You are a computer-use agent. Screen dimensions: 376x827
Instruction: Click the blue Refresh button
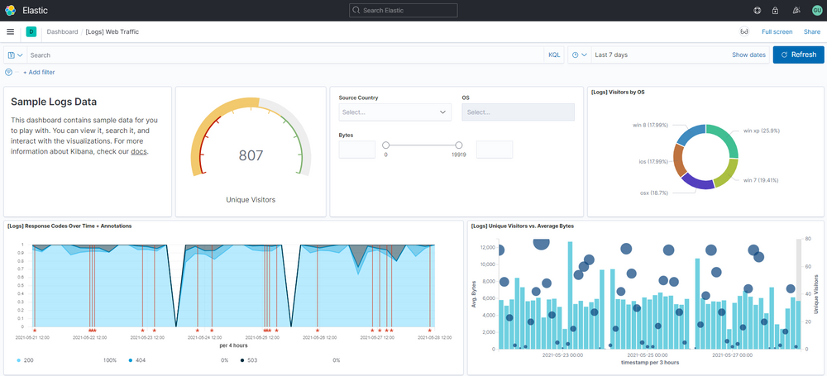[798, 55]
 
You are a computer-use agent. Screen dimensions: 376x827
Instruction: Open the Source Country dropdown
[394, 112]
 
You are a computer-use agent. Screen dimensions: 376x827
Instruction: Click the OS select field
[518, 112]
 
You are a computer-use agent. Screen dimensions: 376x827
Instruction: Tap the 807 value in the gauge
[251, 155]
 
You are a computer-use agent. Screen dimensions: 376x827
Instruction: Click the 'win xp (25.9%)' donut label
[761, 131]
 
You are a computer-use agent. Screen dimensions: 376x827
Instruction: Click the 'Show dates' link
[748, 55]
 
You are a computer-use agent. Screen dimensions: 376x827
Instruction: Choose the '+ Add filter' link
[39, 73]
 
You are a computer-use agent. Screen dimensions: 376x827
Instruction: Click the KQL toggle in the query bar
[553, 55]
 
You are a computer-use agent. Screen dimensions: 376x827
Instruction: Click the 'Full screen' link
[777, 31]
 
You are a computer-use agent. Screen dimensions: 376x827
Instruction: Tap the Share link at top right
[811, 31]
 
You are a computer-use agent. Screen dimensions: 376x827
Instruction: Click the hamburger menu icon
[10, 31]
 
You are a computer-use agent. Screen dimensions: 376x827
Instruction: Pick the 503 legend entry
[251, 360]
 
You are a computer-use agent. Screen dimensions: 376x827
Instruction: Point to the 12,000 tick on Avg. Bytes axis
[486, 248]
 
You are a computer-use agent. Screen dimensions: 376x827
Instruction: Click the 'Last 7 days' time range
[611, 55]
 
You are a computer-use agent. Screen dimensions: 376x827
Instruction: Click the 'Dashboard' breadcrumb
[62, 31]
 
